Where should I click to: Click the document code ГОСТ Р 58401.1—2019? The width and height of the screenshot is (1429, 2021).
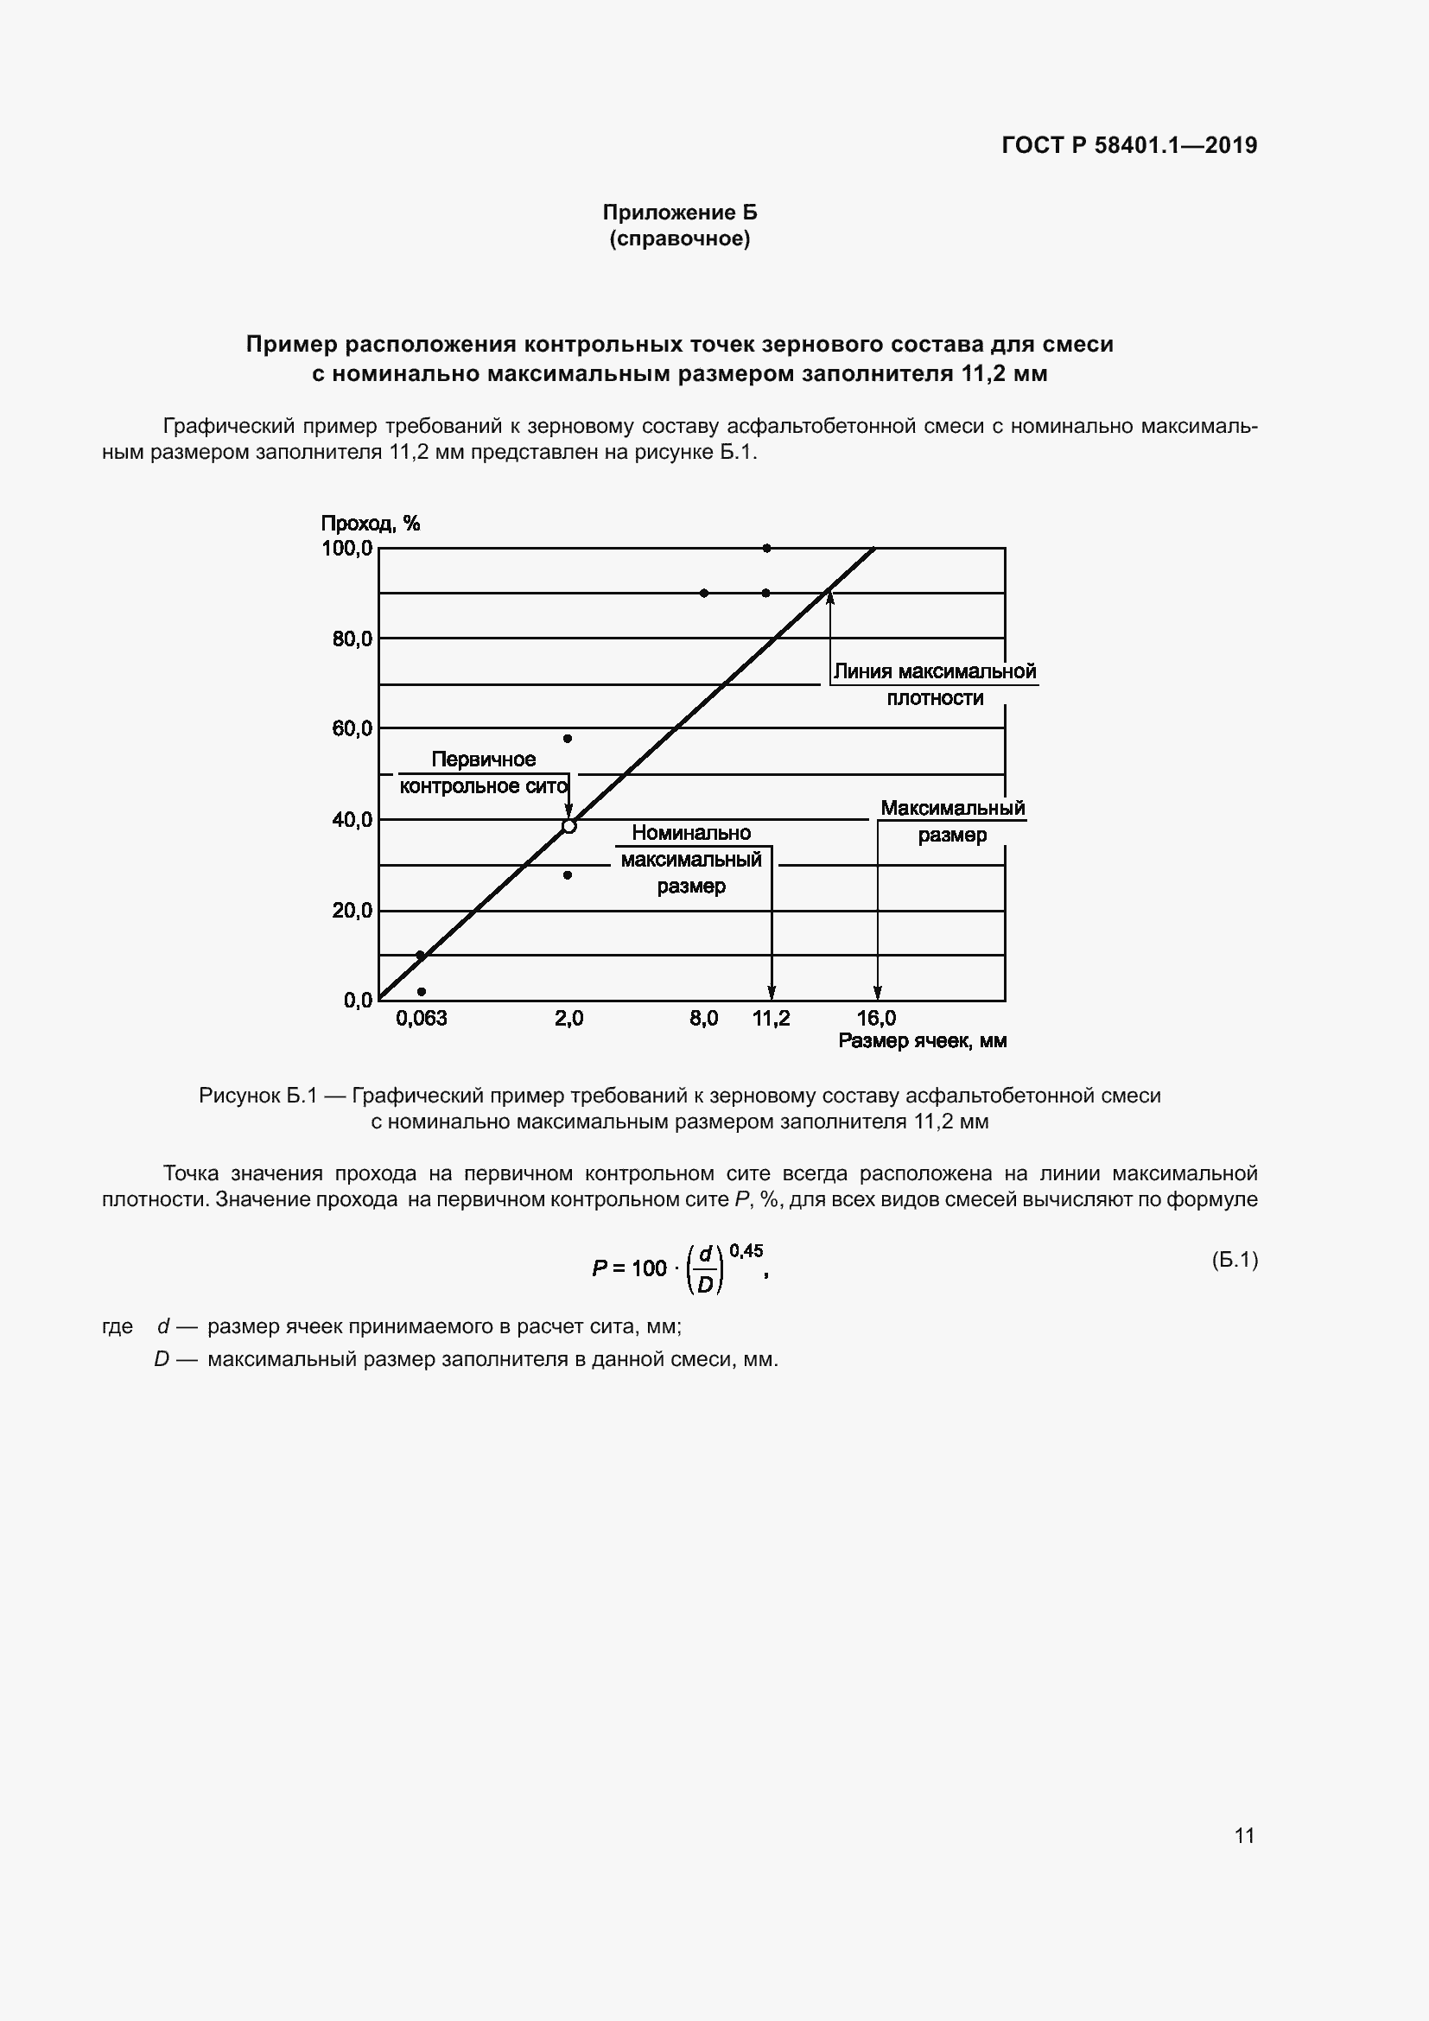pos(1129,145)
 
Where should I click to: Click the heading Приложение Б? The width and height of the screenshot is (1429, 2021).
pos(679,213)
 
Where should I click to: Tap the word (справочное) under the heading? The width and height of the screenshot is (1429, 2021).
pos(679,238)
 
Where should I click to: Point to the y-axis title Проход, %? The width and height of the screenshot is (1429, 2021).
pos(370,524)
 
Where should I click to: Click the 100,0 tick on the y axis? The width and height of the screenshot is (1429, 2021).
pos(346,549)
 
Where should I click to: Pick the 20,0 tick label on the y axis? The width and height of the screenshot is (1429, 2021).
pos(352,910)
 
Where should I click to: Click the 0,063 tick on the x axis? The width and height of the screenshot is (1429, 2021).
pos(421,1019)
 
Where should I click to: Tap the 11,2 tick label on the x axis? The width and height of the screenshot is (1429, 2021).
pos(771,1019)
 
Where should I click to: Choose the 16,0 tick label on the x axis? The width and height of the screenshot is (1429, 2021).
pos(876,1019)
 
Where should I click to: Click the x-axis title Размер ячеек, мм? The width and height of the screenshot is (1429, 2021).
pos(922,1041)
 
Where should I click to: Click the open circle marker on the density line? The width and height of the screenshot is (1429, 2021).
pos(568,826)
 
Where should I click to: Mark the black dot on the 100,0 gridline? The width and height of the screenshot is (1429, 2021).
pos(766,549)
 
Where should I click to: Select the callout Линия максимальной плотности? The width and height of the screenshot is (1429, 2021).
pos(935,685)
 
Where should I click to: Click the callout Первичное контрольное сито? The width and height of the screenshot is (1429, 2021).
pos(483,772)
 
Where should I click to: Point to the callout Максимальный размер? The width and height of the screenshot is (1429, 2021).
pos(952,821)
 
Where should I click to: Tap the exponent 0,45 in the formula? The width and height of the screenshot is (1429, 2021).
pos(746,1251)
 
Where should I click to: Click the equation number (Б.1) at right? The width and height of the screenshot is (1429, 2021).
pos(1235,1261)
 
